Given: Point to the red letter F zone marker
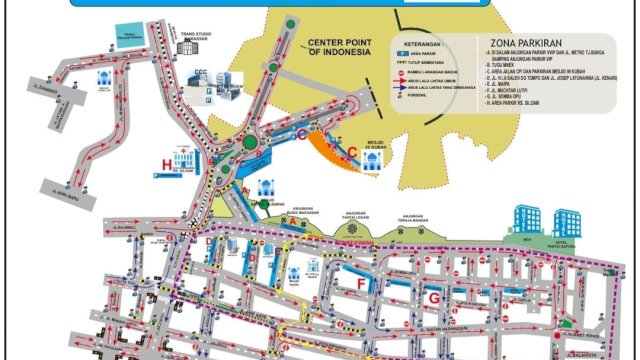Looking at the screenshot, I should tap(362, 283).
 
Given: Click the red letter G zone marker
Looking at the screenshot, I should tap(433, 297).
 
